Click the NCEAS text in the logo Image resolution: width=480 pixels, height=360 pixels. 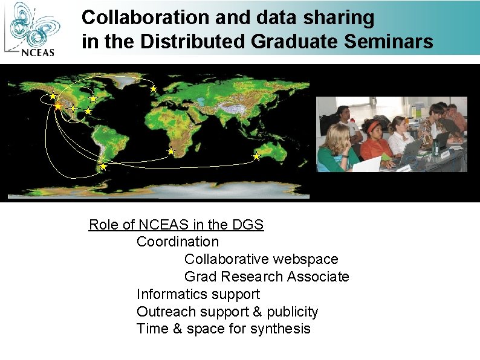(x=38, y=51)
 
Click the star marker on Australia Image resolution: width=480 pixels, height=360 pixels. (x=256, y=156)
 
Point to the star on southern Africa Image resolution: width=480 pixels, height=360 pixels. (x=171, y=152)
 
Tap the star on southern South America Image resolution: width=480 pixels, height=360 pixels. (x=103, y=166)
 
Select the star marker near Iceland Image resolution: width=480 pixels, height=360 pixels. (x=154, y=89)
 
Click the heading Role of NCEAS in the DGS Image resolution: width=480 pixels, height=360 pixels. (x=176, y=225)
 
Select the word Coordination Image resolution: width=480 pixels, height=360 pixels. (x=178, y=242)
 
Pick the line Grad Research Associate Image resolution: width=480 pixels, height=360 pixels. (x=267, y=277)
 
